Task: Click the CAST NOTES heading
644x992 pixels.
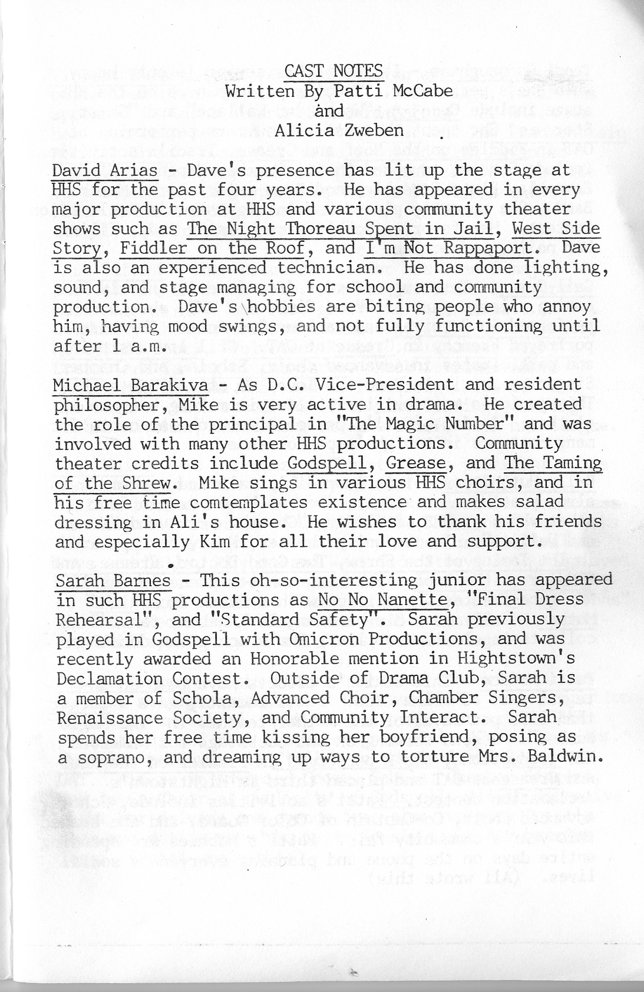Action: click(333, 71)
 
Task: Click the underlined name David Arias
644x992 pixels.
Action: click(105, 170)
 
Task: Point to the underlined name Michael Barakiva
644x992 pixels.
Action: click(130, 385)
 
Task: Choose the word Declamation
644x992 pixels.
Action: click(109, 678)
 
